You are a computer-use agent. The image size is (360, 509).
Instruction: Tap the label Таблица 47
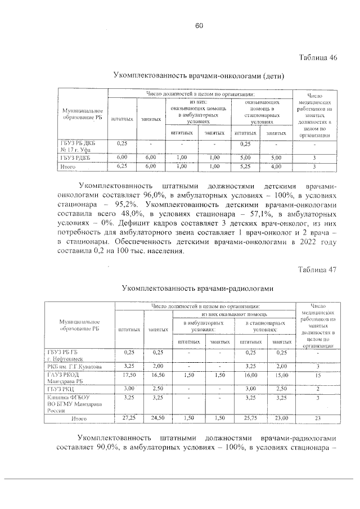317,269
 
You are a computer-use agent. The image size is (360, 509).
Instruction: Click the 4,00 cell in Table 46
275,166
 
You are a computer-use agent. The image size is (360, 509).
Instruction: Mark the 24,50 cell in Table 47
158,418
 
